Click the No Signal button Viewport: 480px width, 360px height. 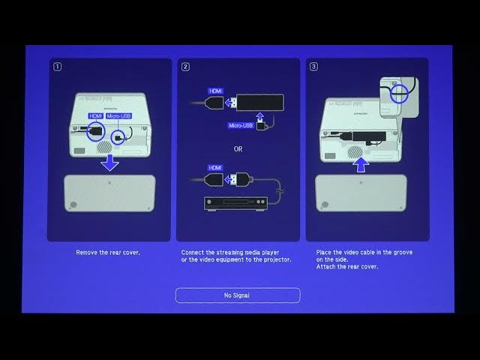pos(238,295)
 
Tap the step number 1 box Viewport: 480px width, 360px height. pos(58,67)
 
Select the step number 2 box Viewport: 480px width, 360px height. pos(185,67)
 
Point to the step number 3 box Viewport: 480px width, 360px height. pos(313,67)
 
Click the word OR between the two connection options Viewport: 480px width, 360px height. pos(238,149)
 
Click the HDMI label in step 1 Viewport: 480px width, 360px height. pos(95,116)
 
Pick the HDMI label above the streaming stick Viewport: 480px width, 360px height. pos(215,91)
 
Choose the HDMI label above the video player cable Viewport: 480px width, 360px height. pos(215,167)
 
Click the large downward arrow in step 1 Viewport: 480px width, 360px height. pos(109,162)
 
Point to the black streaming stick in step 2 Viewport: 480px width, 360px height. pos(259,100)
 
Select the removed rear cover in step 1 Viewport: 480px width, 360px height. pos(109,193)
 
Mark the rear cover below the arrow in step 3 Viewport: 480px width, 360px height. pos(361,193)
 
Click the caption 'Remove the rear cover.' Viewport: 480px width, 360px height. pos(108,253)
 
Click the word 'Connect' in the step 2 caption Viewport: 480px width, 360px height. pos(193,253)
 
